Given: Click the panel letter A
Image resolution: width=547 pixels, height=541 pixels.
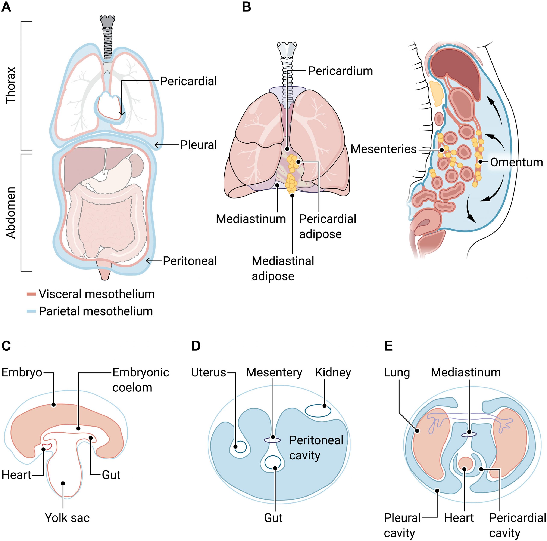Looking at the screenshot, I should pos(6,7).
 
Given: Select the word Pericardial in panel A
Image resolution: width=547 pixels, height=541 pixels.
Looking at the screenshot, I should pos(188,81).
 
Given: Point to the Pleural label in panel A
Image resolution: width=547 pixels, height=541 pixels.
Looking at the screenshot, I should pos(199,145).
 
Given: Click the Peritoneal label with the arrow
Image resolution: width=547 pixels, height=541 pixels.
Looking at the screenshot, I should pos(190,261).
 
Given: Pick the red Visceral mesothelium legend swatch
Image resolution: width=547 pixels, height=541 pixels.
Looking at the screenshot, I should pos(31,294).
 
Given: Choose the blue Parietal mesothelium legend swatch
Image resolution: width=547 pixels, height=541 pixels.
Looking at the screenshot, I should pos(31,311).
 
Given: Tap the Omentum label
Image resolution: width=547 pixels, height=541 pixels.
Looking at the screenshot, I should pos(516,162).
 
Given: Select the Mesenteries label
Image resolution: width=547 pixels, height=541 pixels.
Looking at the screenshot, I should pos(383,149).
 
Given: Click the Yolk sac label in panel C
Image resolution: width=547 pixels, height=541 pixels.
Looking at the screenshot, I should pos(67,518).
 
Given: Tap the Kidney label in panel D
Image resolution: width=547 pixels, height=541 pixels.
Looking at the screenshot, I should pos(333,372).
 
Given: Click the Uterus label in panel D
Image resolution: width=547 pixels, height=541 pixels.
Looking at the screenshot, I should pos(208,372).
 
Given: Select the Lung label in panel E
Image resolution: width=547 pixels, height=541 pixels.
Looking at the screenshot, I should pos(397,372).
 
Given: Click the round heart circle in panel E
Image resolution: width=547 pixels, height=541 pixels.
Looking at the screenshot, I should pos(466,463).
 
